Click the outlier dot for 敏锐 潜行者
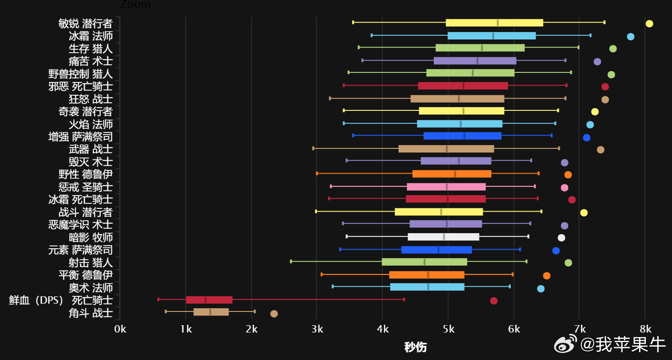pos(649,24)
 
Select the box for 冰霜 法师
pos(492,36)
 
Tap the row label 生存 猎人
pos(90,49)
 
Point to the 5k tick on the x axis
pos(448,329)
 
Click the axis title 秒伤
pos(415,347)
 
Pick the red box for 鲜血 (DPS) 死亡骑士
pos(209,300)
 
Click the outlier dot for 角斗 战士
pos(274,314)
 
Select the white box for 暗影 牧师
pos(443,237)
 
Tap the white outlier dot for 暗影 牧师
pos(561,238)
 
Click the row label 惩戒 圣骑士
pos(85,187)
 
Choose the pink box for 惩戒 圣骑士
pos(446,187)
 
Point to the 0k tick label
pos(120,329)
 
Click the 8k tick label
pos(645,329)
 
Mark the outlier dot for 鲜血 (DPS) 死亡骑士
pos(493,301)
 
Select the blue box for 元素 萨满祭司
pos(436,250)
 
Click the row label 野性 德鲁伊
pos(85,175)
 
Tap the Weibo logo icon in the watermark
pos(566,345)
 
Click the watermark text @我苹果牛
pos(623,345)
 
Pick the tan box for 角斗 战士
pos(211,312)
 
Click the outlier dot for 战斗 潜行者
pos(584,213)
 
